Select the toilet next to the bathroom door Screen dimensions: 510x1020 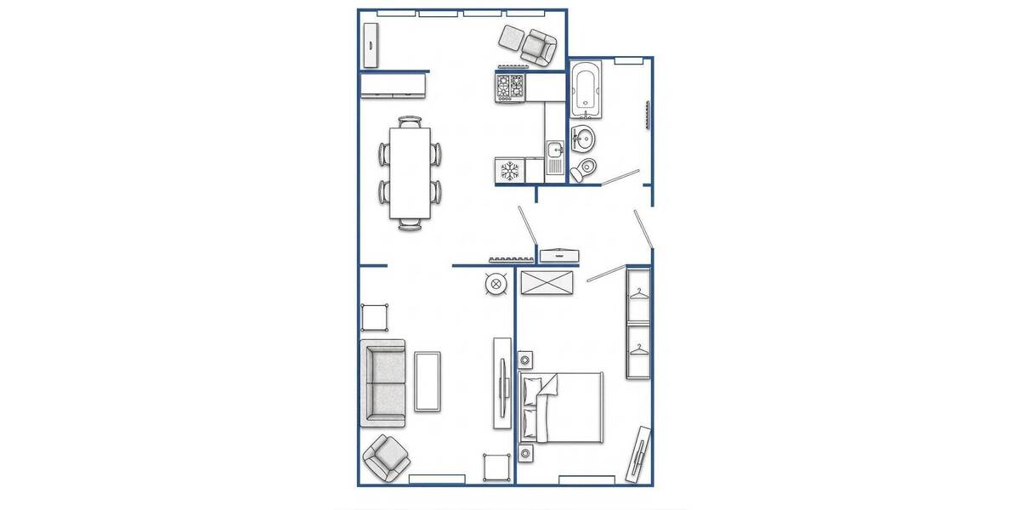click(x=583, y=169)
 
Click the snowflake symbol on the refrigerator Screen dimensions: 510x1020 click(x=510, y=171)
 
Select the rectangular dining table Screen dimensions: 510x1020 click(x=411, y=173)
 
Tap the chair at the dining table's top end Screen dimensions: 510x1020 click(x=411, y=122)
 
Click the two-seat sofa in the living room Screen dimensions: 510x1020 click(x=382, y=382)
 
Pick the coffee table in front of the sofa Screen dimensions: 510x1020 click(x=428, y=382)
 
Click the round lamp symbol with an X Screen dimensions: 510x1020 click(x=496, y=284)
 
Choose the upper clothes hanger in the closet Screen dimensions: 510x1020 click(x=638, y=295)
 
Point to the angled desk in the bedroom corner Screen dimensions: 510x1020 click(x=640, y=456)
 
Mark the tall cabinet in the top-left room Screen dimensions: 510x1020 click(x=371, y=45)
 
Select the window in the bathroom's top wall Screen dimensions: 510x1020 click(x=629, y=59)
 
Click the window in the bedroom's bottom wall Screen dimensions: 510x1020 click(x=586, y=480)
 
